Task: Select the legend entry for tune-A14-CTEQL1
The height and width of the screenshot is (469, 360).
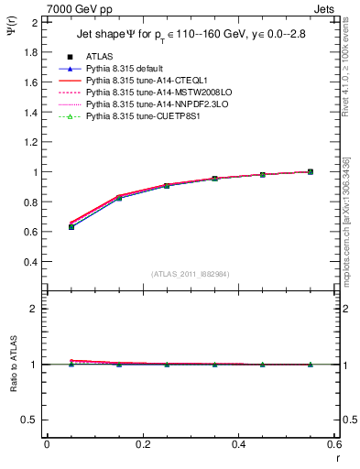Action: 138,82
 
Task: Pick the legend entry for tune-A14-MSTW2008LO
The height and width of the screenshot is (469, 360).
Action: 147,93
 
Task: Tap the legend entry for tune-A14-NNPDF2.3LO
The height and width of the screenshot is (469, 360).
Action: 145,105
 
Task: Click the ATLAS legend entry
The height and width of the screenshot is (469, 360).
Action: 100,58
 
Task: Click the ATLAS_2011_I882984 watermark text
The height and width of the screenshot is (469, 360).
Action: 191,273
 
